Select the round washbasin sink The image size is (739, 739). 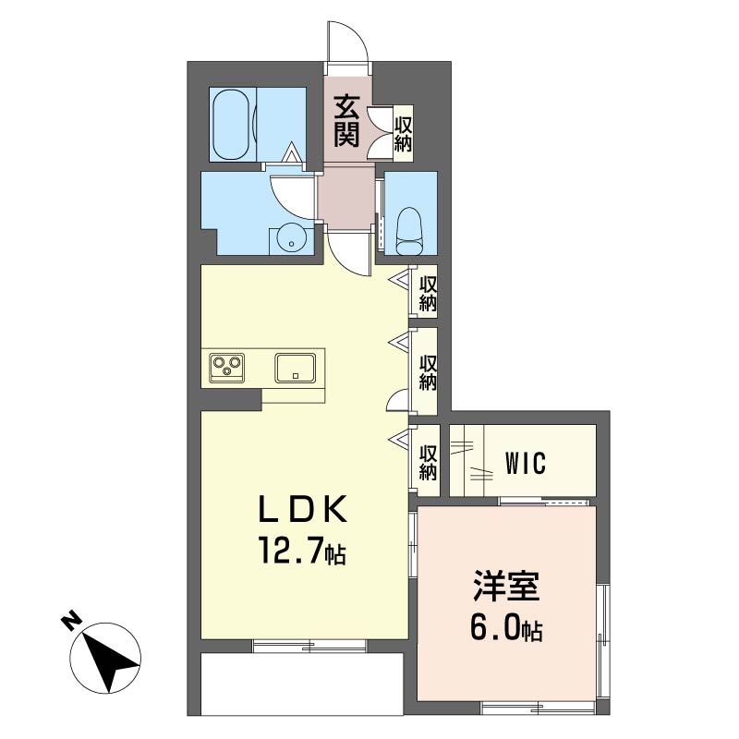292,240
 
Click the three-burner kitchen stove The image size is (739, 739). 227,365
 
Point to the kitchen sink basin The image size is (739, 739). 296,368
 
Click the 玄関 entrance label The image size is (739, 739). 346,121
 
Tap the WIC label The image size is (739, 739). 526,463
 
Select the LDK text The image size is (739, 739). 303,509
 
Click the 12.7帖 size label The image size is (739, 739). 302,551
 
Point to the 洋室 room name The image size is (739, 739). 505,586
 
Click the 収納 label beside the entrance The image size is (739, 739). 403,133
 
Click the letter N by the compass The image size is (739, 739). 71,622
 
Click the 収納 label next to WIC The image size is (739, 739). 428,463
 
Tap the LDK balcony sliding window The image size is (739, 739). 309,646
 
